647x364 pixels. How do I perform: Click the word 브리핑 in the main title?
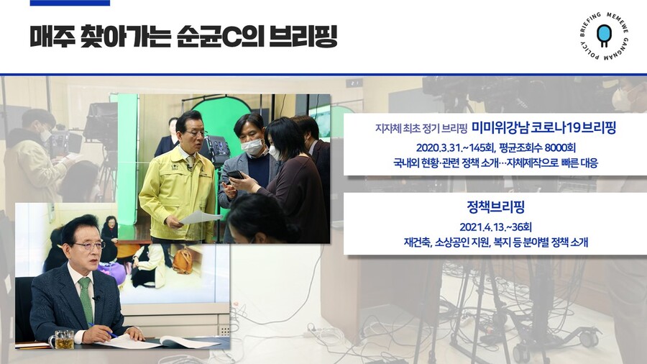(x=303, y=36)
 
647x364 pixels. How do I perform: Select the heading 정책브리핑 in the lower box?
(x=495, y=206)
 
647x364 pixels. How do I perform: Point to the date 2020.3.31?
(x=436, y=147)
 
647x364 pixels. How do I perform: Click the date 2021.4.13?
(x=479, y=227)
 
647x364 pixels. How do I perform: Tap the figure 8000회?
(x=560, y=147)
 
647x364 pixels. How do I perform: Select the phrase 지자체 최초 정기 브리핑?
(x=421, y=129)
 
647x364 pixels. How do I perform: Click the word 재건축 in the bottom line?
(x=417, y=242)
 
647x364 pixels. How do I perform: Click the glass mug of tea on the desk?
(x=62, y=340)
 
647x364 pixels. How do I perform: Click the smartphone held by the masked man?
(x=235, y=175)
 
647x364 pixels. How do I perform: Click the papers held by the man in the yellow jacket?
(x=201, y=217)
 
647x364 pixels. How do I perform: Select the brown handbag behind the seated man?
(x=182, y=260)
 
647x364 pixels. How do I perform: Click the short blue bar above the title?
(x=70, y=2)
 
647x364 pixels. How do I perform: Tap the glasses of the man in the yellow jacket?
(x=195, y=133)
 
